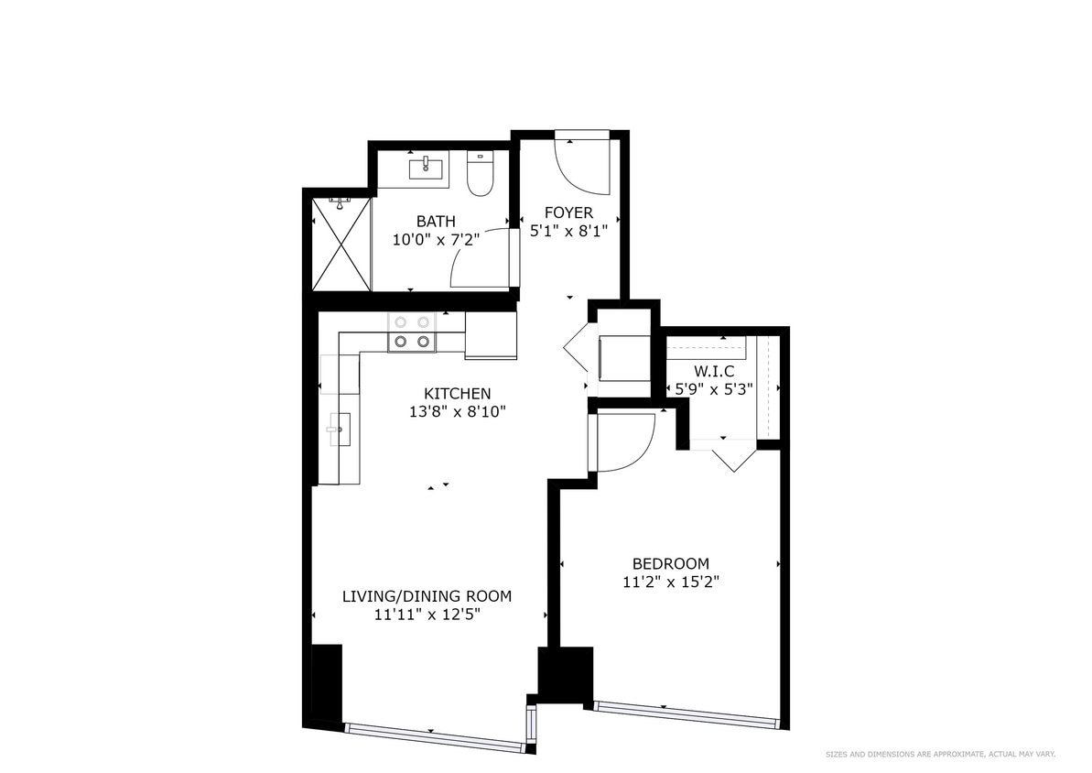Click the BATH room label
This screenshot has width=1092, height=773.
coord(436,221)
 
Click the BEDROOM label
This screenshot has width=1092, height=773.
coord(670,563)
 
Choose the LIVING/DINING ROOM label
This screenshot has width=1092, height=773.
coord(427,596)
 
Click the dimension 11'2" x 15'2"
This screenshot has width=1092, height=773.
coord(670,582)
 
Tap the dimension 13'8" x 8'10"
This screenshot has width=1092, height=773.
coord(457,412)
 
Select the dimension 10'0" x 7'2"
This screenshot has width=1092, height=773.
coord(436,239)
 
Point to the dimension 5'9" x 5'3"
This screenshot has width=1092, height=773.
coord(713,387)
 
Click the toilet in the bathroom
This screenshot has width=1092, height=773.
coord(480,175)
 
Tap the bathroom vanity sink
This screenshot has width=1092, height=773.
coord(427,168)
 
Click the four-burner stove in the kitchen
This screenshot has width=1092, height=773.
coord(411,332)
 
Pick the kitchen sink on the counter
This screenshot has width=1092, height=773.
coord(340,428)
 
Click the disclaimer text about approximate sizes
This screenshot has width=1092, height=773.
coord(941,754)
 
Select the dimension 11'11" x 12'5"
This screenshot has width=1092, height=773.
coord(427,615)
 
